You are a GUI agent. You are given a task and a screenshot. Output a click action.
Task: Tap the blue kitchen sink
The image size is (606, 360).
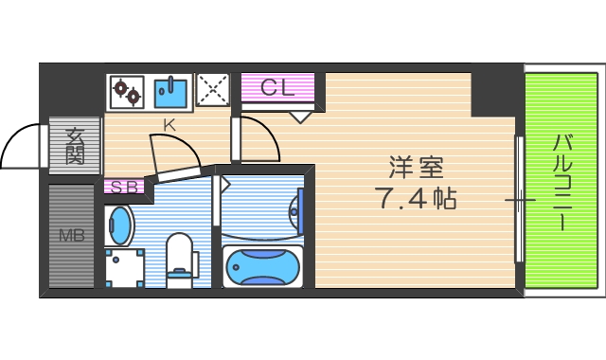[170, 92]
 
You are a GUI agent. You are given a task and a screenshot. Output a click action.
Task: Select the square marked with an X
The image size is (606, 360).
[213, 92]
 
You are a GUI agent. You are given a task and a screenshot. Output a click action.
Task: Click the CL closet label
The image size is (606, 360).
[279, 89]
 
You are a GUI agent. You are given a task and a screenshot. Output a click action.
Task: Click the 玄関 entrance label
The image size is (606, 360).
[74, 147]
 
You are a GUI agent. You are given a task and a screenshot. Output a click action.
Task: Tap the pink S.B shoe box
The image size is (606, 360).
[123, 187]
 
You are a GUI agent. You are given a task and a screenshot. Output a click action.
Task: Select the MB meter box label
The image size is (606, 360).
[72, 236]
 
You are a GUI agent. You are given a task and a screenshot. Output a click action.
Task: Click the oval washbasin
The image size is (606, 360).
[120, 225]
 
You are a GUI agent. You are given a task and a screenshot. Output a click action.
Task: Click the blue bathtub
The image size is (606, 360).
[263, 266]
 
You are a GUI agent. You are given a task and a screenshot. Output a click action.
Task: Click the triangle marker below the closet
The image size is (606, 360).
[299, 117]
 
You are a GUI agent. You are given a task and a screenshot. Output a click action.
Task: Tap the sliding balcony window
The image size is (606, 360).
[518, 199]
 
